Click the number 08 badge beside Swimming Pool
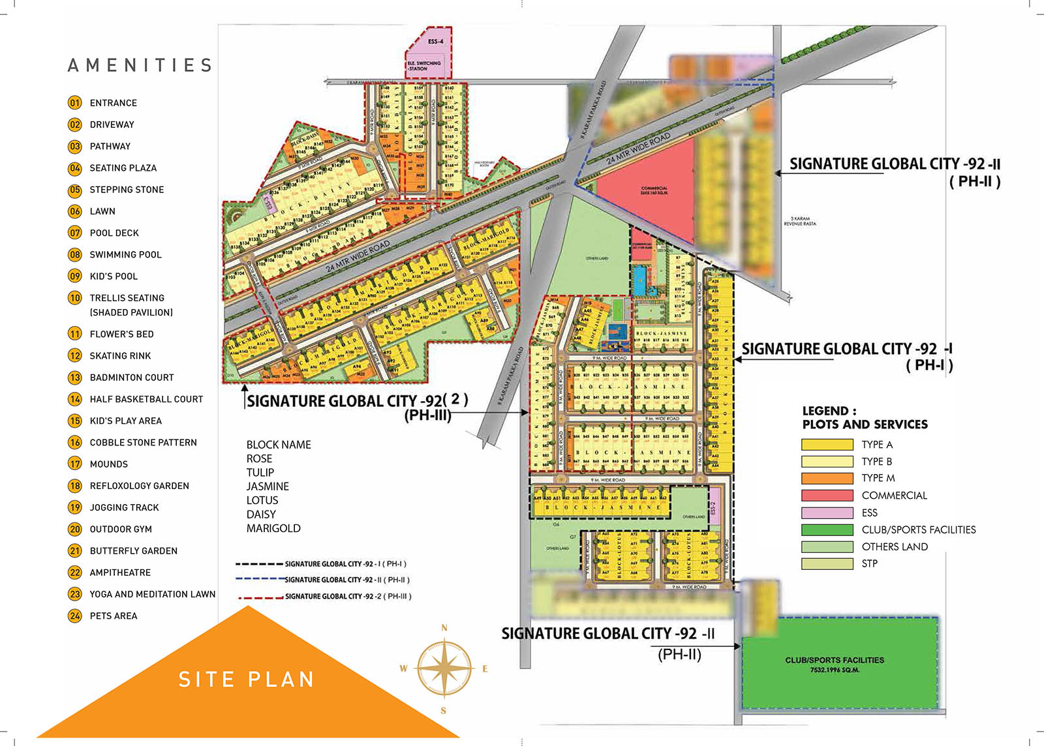[75, 254]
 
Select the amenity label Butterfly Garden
[133, 550]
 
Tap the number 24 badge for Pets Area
[75, 616]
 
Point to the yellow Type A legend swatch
[827, 445]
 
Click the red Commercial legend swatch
[827, 496]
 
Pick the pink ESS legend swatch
[827, 513]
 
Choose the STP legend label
[869, 563]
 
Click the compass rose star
[444, 668]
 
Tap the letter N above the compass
[444, 628]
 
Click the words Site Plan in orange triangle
[247, 679]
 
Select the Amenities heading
[140, 65]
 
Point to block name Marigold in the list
[273, 528]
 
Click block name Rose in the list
[259, 458]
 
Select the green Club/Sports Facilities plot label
[835, 661]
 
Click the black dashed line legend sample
[259, 563]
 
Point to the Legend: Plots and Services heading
[865, 417]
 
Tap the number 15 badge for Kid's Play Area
[75, 421]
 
